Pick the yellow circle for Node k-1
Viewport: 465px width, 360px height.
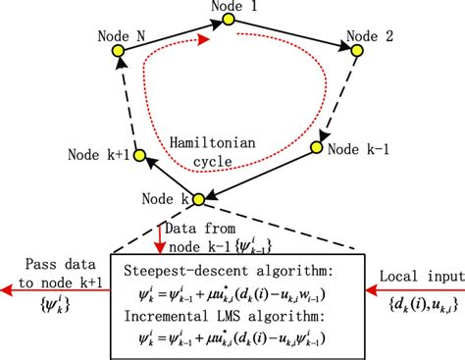click(x=317, y=147)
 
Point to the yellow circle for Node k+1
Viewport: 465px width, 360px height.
click(x=139, y=154)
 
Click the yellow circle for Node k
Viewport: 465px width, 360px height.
click(x=197, y=199)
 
